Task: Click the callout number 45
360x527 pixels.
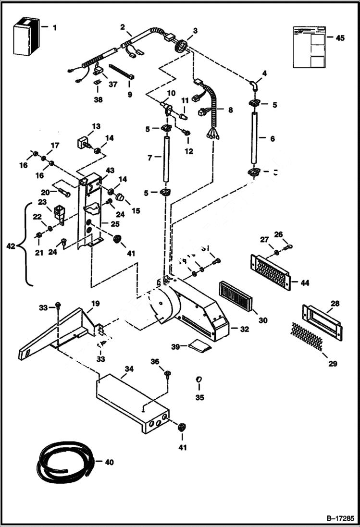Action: tap(340, 38)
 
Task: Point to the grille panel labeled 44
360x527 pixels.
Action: tap(270, 272)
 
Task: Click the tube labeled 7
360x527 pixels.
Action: tap(166, 159)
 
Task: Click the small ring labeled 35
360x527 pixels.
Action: tap(199, 380)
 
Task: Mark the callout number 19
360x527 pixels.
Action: tap(95, 303)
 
